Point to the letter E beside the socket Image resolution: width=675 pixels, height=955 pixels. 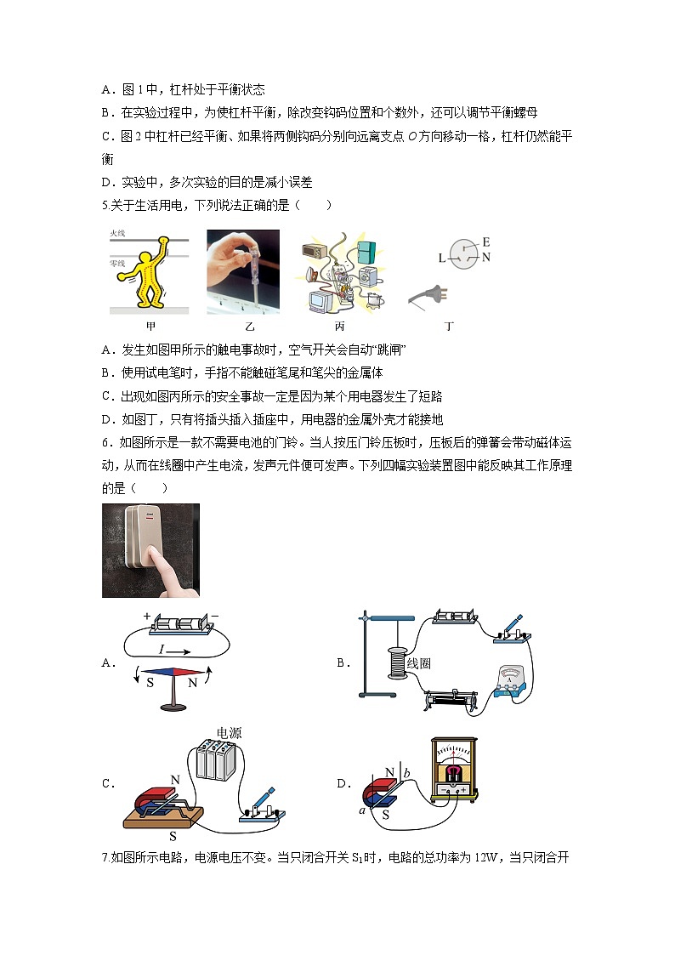pyautogui.click(x=485, y=242)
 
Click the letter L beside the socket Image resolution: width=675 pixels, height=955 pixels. pyautogui.click(x=441, y=258)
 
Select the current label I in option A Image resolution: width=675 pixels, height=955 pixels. pyautogui.click(x=162, y=649)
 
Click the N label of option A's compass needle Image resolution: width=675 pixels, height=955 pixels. pyautogui.click(x=192, y=682)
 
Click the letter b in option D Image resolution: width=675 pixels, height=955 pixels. pyautogui.click(x=406, y=772)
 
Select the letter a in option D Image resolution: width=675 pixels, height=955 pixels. pyautogui.click(x=363, y=810)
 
